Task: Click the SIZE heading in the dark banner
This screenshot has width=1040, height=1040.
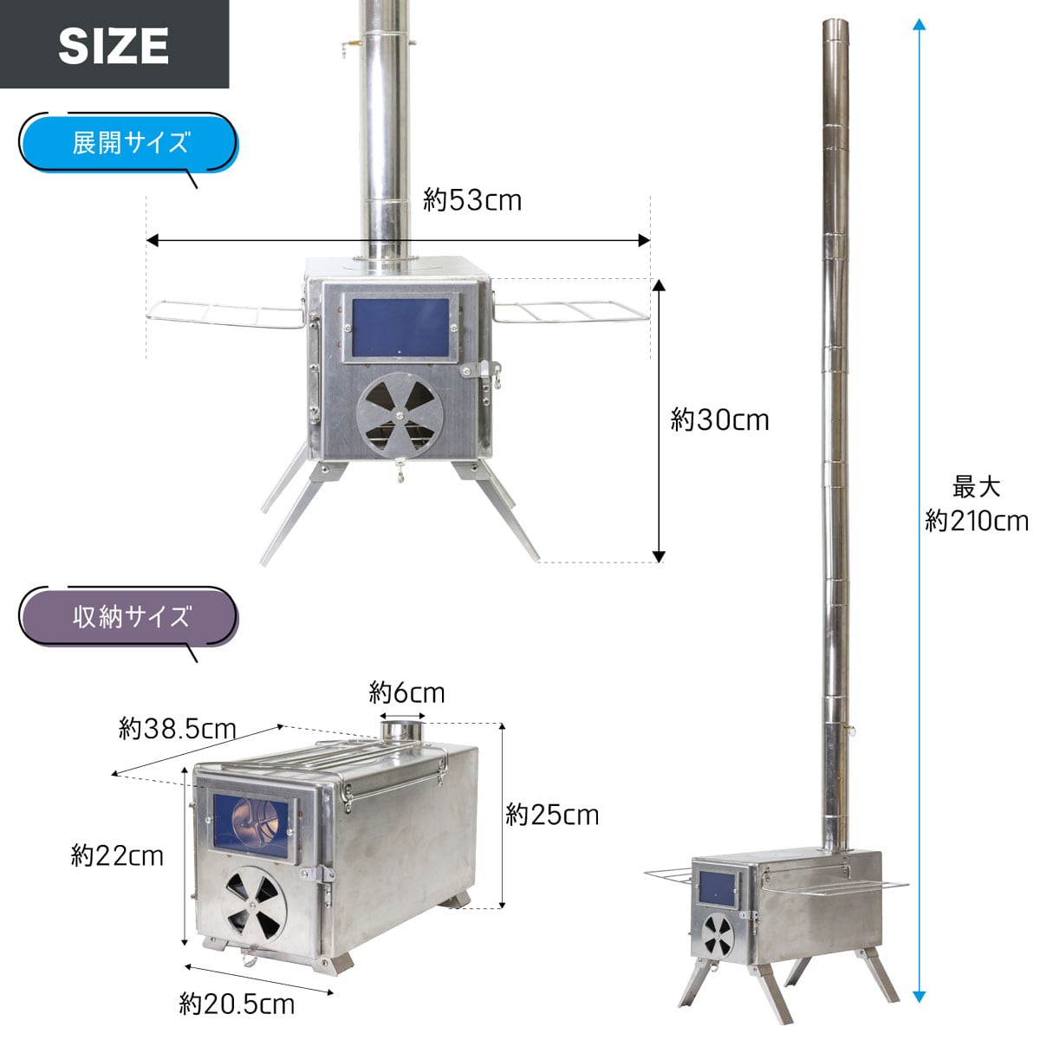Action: [x=114, y=45]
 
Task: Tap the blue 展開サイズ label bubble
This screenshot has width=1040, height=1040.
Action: [x=128, y=142]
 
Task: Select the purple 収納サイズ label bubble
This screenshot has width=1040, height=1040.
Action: [x=128, y=616]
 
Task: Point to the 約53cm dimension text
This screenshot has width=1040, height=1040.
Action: [x=472, y=200]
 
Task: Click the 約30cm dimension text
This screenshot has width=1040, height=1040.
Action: [x=719, y=420]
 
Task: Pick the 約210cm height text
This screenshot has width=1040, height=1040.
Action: [x=977, y=521]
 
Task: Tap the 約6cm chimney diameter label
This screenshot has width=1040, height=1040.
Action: [x=406, y=693]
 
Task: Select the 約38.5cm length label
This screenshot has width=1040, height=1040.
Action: [x=178, y=728]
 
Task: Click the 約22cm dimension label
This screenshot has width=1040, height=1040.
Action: [x=117, y=856]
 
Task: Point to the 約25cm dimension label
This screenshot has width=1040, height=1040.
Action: [x=552, y=815]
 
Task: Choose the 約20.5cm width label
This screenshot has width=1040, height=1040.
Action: [x=237, y=1004]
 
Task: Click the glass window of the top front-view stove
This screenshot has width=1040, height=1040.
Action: [x=400, y=328]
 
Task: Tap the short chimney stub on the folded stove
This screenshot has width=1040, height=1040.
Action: [x=401, y=730]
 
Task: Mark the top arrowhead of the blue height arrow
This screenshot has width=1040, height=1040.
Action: [x=920, y=24]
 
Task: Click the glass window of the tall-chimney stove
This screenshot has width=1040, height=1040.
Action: [x=717, y=887]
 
